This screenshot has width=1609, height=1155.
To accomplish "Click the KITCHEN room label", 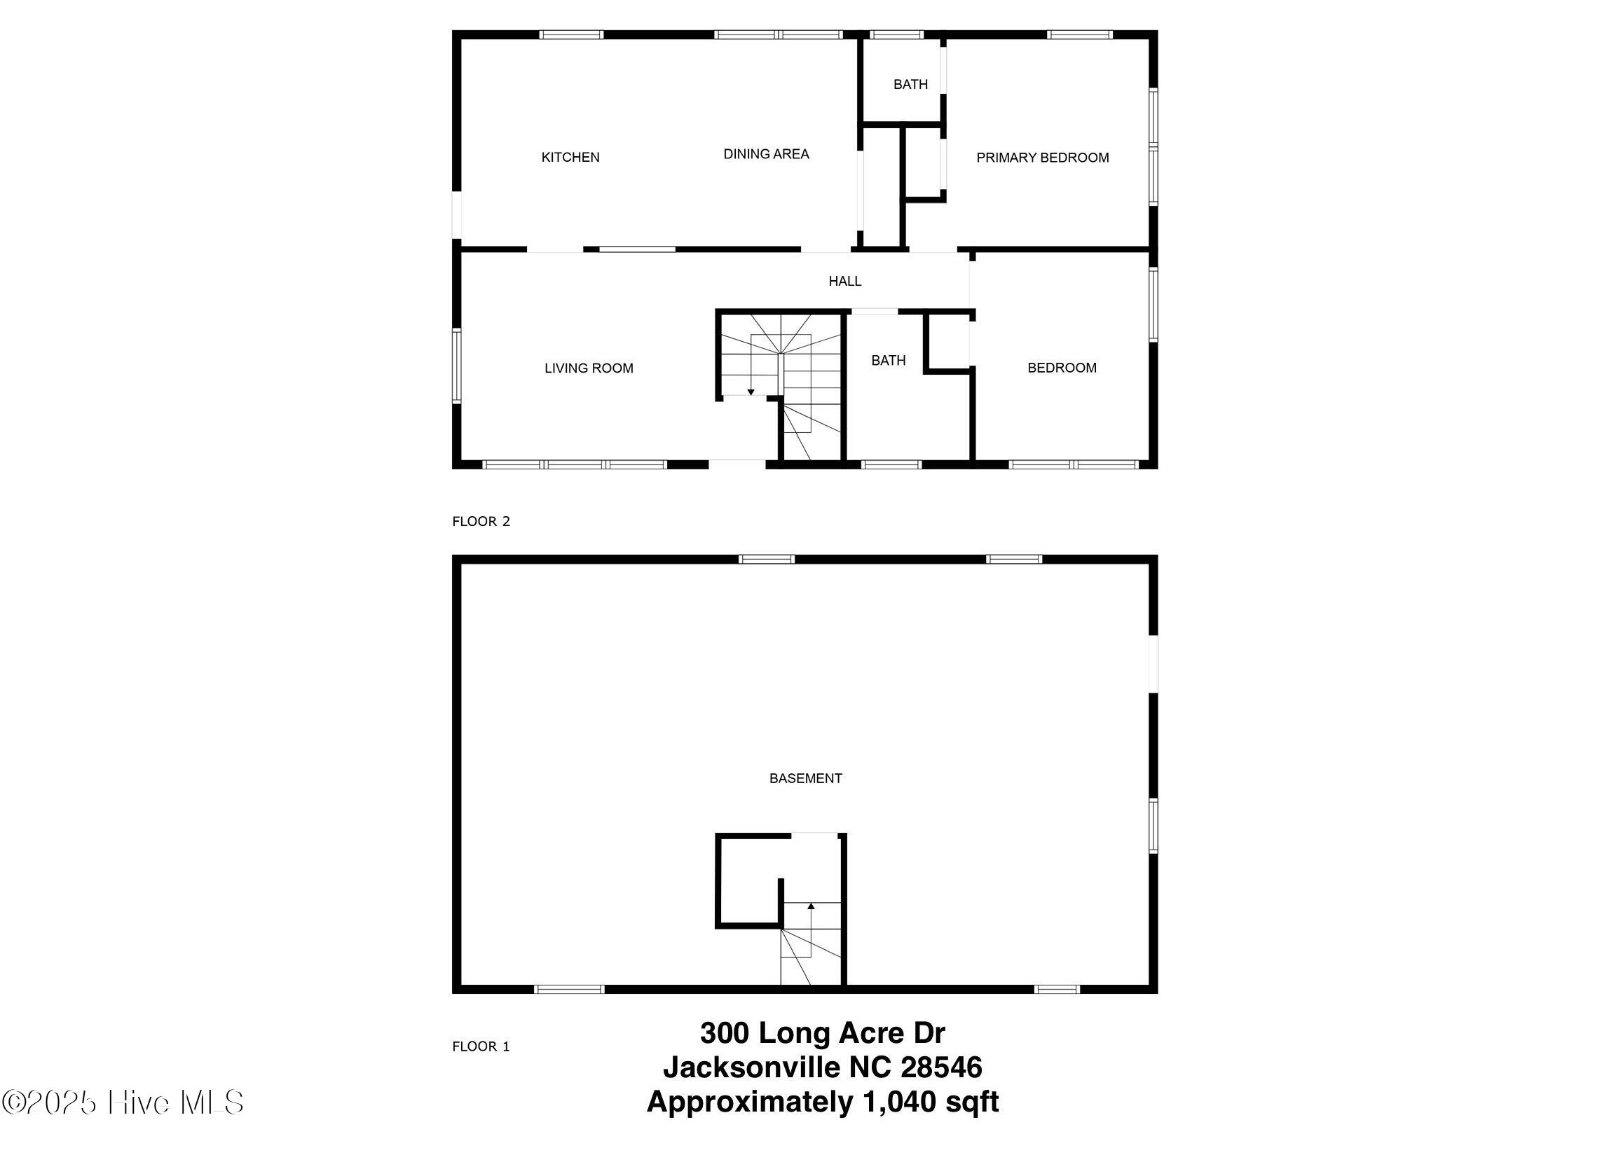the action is click(570, 158).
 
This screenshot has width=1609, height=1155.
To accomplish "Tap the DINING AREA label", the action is click(766, 154).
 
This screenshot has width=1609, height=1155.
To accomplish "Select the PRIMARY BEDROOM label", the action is click(1042, 158).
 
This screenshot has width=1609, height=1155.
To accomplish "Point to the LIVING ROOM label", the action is click(589, 368).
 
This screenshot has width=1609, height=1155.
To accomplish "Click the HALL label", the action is click(845, 282).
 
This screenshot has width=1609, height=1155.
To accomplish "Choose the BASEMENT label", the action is click(805, 778).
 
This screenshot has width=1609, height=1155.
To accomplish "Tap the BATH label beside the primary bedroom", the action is click(910, 84).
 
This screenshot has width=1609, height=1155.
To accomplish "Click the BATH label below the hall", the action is click(888, 361).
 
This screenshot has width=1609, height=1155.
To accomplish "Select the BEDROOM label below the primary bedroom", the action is click(1062, 368).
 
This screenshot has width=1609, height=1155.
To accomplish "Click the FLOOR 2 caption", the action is click(481, 521).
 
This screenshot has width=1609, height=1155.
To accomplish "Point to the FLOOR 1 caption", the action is click(481, 1046).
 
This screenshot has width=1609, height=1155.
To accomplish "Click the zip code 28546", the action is click(941, 1067).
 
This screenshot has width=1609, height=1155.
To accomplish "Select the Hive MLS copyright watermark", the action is click(123, 1102).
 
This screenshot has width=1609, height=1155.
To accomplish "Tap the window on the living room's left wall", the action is click(457, 366).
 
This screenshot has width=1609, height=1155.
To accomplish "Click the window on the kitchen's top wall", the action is click(571, 34).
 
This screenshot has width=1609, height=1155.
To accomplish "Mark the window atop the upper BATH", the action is click(897, 34).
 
